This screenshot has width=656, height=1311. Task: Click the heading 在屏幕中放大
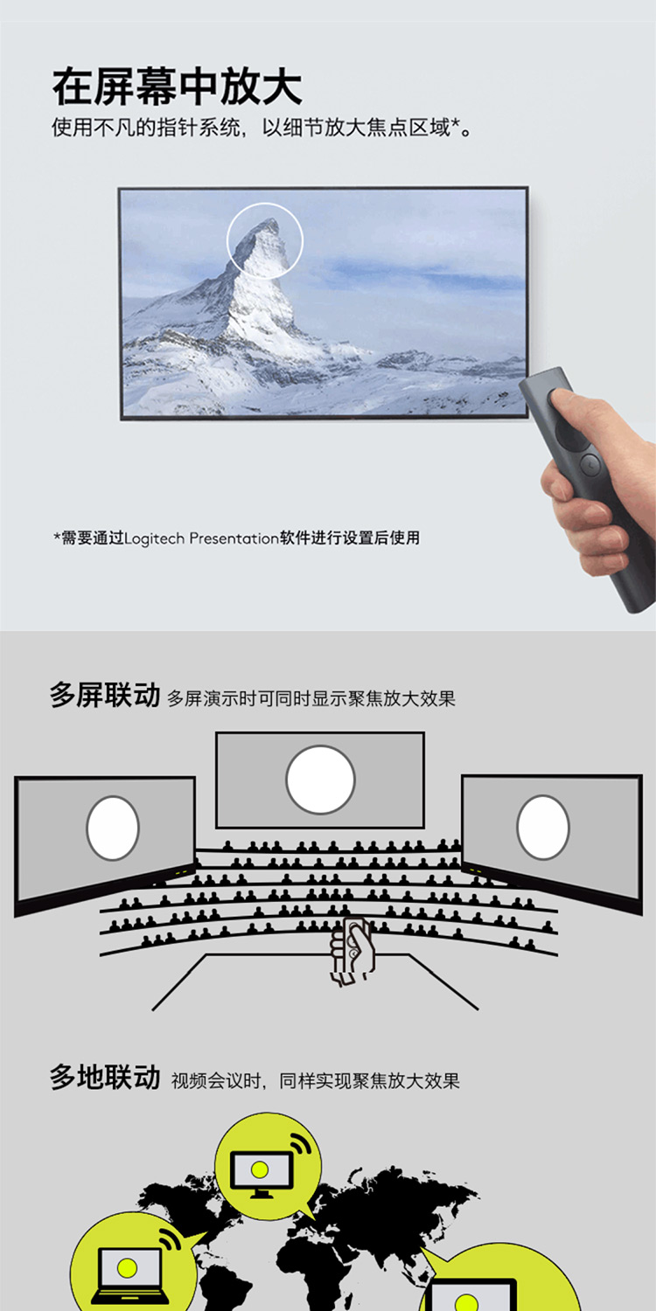tap(178, 87)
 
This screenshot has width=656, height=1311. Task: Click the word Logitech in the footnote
tap(155, 538)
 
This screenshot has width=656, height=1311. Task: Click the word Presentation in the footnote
tap(234, 538)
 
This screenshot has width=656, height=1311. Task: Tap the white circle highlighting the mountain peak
tap(265, 240)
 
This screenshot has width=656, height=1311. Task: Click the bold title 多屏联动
tap(105, 696)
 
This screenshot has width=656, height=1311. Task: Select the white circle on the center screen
tap(320, 780)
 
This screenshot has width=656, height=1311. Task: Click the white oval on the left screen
tap(113, 829)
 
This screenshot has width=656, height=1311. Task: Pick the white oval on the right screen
tap(543, 827)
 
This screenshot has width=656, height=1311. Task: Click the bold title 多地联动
tap(105, 1078)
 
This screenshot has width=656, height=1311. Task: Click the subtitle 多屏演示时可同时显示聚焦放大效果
tap(311, 698)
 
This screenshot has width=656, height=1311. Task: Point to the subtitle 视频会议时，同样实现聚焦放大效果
tap(315, 1080)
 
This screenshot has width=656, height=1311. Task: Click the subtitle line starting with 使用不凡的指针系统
tap(262, 127)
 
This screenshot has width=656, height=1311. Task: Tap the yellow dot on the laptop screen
tap(127, 1267)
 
